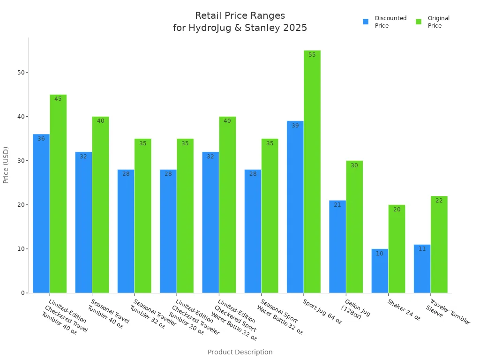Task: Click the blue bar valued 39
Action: click(x=295, y=207)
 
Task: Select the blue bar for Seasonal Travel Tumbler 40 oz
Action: click(x=83, y=222)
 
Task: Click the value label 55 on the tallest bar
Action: click(x=312, y=55)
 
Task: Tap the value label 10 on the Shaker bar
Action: click(x=380, y=254)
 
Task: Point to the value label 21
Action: click(x=337, y=205)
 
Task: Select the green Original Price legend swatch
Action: click(x=419, y=22)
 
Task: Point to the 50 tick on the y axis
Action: click(x=20, y=73)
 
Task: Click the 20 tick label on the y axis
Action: click(x=20, y=205)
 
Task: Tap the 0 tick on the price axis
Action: click(x=22, y=293)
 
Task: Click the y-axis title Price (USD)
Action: click(x=6, y=165)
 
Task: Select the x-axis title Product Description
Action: click(x=240, y=352)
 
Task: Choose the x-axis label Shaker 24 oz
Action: click(x=404, y=310)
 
